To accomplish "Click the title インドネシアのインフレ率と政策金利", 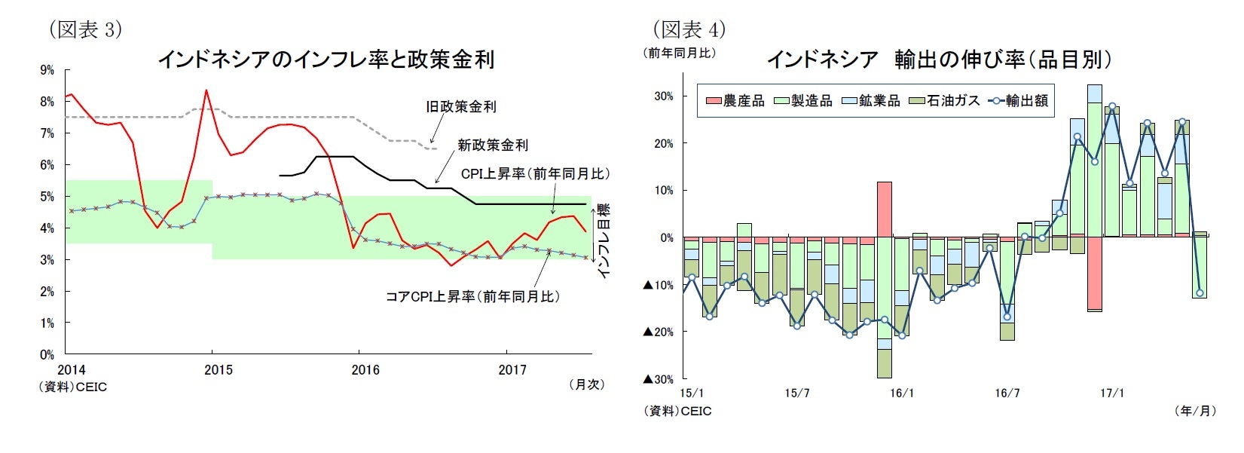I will (x=325, y=60).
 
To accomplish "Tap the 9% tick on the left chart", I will (x=47, y=70).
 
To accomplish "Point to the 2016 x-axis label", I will (x=365, y=370).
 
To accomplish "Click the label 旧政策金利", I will (x=460, y=107).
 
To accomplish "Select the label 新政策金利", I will (x=492, y=145).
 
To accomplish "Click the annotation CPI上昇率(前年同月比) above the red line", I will (x=534, y=174).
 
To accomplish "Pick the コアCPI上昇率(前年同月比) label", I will (x=472, y=296).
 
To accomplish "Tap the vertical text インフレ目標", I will (x=603, y=241).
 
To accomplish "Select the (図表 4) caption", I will (x=689, y=29).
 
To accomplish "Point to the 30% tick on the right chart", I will (x=663, y=96).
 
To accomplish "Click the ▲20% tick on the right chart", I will (x=658, y=332).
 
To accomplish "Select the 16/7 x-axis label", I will (x=1007, y=393).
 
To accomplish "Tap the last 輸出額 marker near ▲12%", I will (x=1200, y=293).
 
